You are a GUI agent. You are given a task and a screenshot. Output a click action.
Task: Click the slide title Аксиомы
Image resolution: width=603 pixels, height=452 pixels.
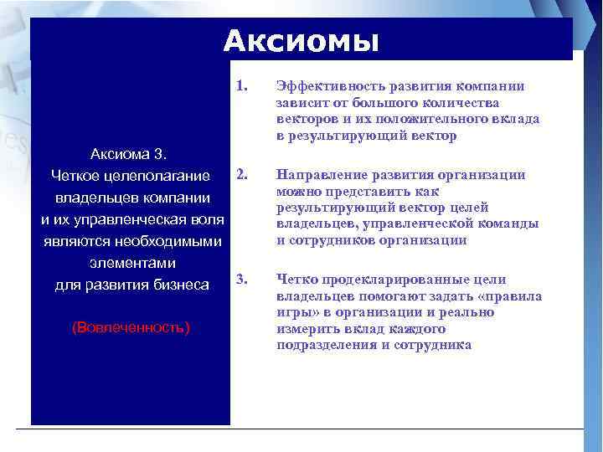pyautogui.click(x=301, y=40)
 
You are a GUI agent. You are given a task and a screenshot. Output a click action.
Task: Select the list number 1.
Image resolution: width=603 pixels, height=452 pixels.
pyautogui.click(x=242, y=85)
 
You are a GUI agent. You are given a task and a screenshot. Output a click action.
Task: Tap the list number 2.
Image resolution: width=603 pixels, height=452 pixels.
pyautogui.click(x=242, y=174)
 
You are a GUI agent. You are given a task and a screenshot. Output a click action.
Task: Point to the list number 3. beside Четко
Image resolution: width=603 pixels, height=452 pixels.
pyautogui.click(x=242, y=279)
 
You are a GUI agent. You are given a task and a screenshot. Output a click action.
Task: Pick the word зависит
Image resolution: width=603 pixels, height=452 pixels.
pyautogui.click(x=301, y=103)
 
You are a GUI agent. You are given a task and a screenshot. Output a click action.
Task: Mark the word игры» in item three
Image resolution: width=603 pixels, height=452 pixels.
pyautogui.click(x=294, y=312)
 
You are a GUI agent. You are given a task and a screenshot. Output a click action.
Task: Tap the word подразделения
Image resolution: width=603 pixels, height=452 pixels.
pyautogui.click(x=322, y=345)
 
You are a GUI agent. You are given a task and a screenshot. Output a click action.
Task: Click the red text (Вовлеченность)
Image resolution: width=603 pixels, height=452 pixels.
pyautogui.click(x=131, y=326)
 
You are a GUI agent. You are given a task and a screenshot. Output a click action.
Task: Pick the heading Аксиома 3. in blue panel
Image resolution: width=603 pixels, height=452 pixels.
pyautogui.click(x=131, y=155)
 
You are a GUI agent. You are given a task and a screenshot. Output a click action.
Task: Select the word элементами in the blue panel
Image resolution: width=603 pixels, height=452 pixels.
pyautogui.click(x=131, y=264)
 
